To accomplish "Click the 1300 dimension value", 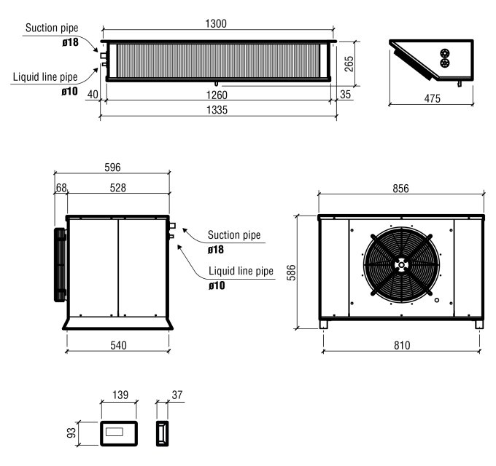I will [217, 23].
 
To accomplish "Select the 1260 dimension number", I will [217, 95].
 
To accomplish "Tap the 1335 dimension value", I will [217, 110].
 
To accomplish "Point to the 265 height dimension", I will [349, 63].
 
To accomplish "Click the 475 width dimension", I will [432, 99].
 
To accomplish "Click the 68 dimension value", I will [61, 188].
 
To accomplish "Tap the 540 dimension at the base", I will [117, 345].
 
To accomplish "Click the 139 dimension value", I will [119, 395].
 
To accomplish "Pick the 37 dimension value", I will [177, 395].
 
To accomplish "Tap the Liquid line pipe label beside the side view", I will [241, 271].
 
